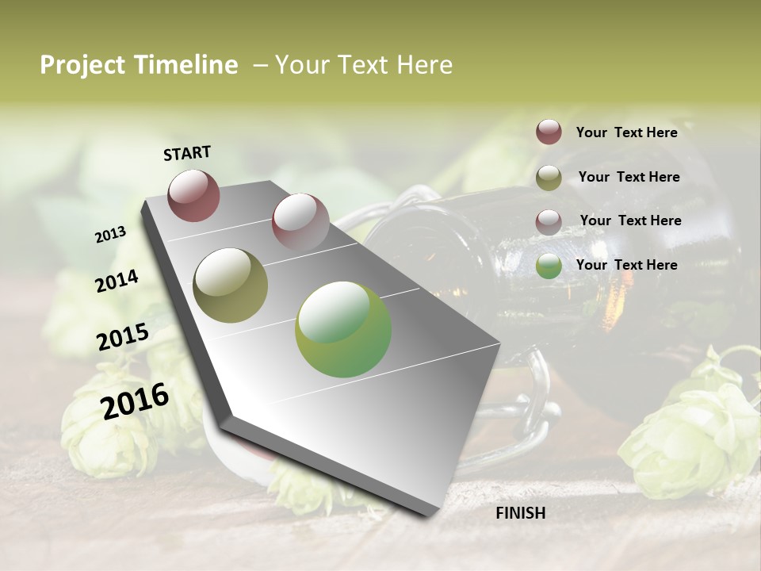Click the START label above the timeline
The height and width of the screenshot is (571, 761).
[187, 152]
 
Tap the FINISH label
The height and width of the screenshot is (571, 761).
[521, 513]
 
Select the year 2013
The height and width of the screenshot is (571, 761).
[110, 235]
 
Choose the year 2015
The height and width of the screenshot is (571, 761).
[123, 337]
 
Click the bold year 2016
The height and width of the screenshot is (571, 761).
[135, 400]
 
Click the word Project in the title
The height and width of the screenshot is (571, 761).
[83, 65]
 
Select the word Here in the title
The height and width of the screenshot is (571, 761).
[424, 65]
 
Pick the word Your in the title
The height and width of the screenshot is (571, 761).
[301, 65]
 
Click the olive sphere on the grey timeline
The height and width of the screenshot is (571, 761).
[230, 285]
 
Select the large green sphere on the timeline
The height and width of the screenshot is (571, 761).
[343, 329]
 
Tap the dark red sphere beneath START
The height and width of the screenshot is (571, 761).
[193, 195]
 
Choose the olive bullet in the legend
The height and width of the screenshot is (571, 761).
[549, 178]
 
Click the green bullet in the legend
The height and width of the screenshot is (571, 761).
[549, 266]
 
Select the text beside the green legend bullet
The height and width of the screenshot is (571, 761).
[626, 265]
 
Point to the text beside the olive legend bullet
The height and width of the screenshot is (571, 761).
[629, 177]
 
